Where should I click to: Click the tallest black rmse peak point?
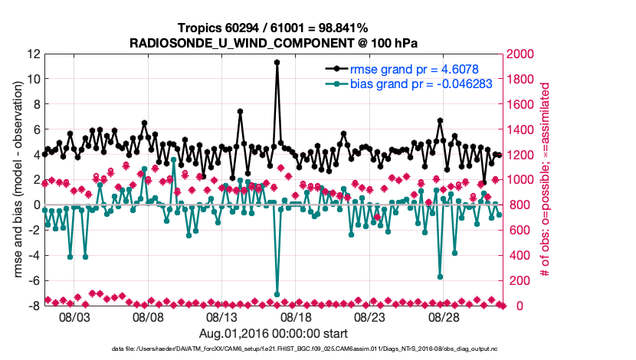click(277, 62)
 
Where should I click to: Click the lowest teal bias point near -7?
click(277, 294)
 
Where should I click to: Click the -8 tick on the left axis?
click(32, 306)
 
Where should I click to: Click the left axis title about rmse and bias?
click(17, 180)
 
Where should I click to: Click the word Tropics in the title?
click(201, 26)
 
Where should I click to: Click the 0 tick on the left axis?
click(36, 205)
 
